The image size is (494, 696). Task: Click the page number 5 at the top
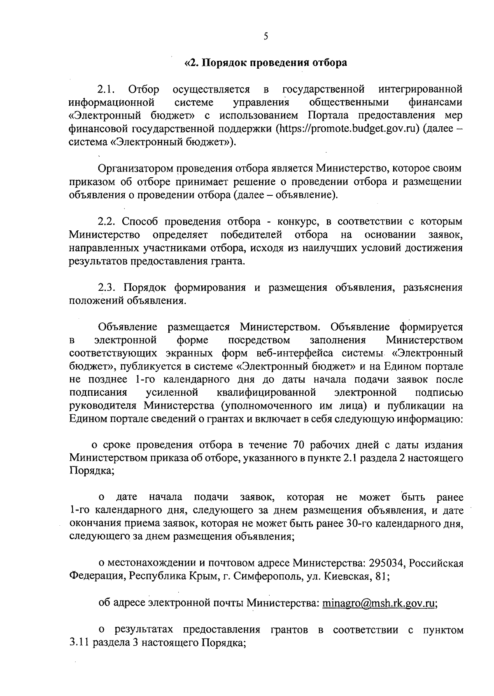click(266, 37)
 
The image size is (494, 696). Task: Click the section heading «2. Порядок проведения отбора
click(266, 63)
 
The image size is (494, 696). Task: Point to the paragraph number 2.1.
click(107, 89)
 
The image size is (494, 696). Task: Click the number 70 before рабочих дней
click(298, 445)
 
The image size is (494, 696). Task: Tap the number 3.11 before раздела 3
click(79, 643)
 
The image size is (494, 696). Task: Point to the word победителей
click(251, 235)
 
